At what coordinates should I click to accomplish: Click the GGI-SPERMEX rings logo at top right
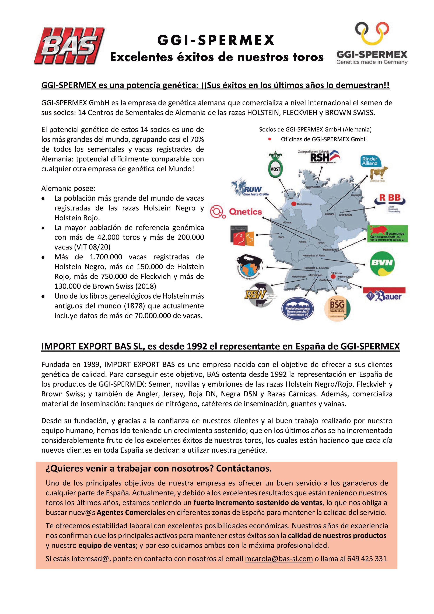tap(372, 43)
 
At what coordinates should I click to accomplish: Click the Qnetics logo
tap(236, 212)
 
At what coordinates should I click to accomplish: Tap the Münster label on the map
tap(287, 223)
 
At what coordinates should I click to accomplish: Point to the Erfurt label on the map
tap(321, 242)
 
